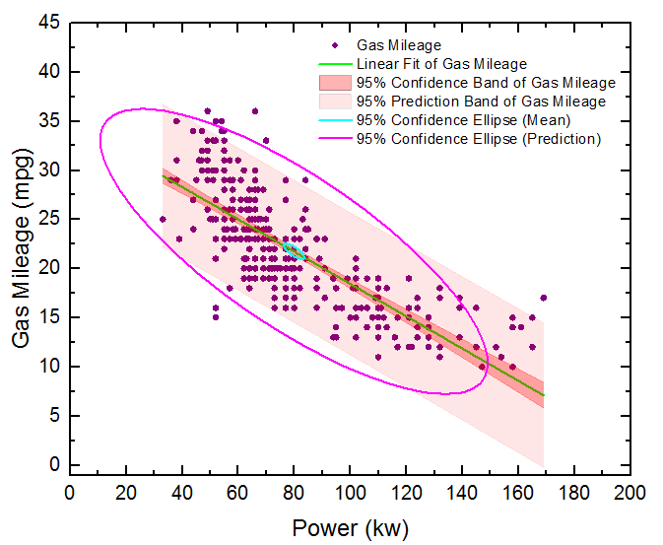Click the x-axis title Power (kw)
[350, 528]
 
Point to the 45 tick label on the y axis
[49, 23]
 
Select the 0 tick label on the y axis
[54, 464]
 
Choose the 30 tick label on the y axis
[49, 170]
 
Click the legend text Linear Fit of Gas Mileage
[441, 64]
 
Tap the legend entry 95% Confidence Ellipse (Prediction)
[478, 139]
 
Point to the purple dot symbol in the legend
[336, 45]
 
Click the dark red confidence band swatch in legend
[336, 83]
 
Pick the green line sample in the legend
[336, 64]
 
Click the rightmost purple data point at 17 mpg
[543, 298]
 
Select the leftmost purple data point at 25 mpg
[163, 219]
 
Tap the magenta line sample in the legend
[336, 139]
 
